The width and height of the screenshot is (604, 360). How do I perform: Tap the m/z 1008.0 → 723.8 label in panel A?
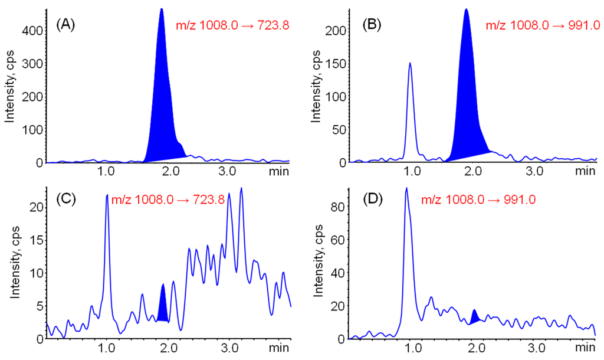tap(232, 25)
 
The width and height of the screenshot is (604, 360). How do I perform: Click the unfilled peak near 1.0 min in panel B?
tap(410, 64)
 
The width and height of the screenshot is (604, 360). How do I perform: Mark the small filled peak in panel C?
tap(163, 306)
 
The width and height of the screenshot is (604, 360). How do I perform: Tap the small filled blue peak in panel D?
tap(474, 315)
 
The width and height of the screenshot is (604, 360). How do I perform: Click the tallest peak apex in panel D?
tap(406, 189)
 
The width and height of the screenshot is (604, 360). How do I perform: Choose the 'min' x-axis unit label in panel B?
tap(585, 171)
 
